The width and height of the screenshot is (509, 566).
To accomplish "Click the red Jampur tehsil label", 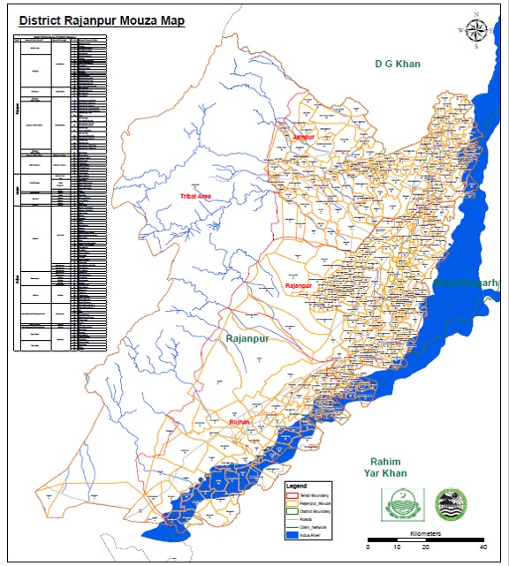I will pos(304,139).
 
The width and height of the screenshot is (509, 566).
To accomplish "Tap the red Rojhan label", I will pos(239,423).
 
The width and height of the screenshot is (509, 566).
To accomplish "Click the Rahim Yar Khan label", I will pos(386,469).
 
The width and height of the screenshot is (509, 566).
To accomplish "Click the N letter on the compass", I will pos(476,15).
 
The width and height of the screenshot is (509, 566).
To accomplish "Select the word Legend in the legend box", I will pos(296,487).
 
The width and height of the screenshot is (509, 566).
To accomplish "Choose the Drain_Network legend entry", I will pos(314,526).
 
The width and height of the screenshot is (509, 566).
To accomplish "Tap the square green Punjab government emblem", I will pos(399,505).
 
